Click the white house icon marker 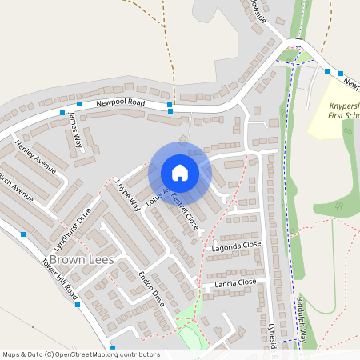(x=180, y=173)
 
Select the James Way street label (x=76, y=131)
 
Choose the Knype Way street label (x=128, y=195)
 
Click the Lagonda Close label (x=237, y=246)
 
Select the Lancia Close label (x=234, y=282)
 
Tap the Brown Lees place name (x=81, y=261)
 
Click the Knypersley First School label (x=346, y=110)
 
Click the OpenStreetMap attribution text (x=82, y=354)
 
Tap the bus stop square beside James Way (x=62, y=113)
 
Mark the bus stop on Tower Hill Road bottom (x=78, y=304)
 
